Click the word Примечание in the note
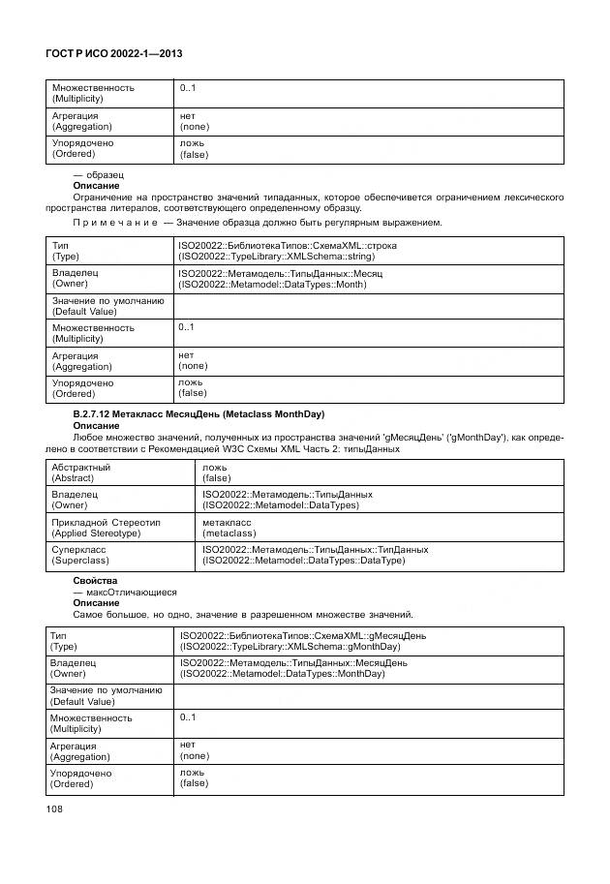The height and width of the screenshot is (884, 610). [103, 223]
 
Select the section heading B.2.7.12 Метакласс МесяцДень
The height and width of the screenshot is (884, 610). [198, 414]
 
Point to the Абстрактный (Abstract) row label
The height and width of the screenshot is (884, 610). [80, 472]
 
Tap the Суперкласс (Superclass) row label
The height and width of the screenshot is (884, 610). [79, 555]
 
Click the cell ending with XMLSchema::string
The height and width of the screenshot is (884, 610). [288, 251]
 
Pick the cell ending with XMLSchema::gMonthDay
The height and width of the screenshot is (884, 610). [290, 641]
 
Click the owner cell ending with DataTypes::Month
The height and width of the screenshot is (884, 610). [281, 279]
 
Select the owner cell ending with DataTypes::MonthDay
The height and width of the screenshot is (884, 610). [293, 669]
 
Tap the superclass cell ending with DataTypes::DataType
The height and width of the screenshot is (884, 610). [315, 555]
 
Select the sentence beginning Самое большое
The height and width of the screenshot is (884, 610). [243, 615]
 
